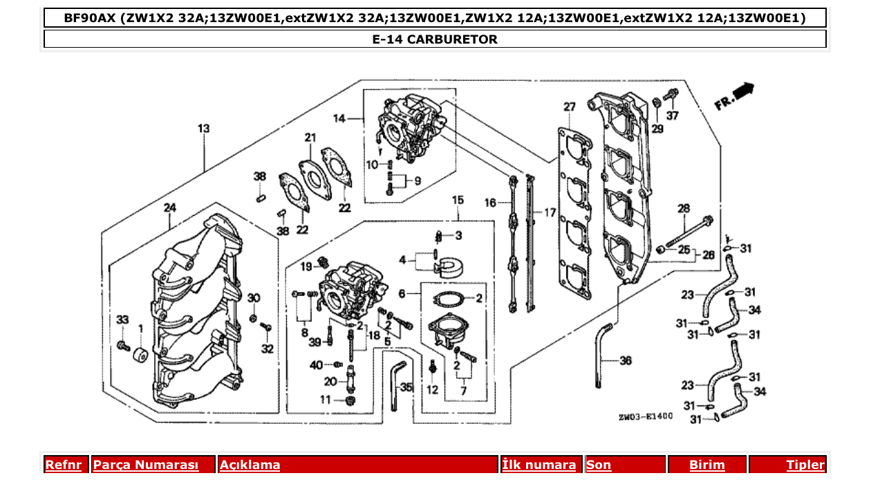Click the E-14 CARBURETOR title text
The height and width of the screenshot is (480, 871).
(435, 39)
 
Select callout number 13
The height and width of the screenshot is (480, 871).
(203, 129)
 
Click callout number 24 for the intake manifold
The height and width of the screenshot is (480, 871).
(169, 207)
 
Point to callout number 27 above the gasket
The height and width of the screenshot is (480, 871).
(569, 107)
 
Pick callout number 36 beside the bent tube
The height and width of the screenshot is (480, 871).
(625, 360)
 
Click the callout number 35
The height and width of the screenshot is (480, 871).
(406, 388)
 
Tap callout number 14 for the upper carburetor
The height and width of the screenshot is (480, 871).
(339, 118)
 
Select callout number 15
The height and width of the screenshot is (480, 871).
(458, 200)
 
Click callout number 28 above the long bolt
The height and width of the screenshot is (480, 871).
(683, 208)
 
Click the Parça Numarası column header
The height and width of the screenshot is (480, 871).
(146, 465)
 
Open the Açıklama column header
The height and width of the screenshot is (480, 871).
(250, 465)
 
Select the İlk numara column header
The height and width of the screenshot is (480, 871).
(539, 465)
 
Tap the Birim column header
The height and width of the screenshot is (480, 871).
(707, 465)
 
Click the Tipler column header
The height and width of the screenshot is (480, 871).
(805, 465)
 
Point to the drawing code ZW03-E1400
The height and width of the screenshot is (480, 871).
(645, 418)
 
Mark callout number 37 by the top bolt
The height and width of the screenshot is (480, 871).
(673, 115)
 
